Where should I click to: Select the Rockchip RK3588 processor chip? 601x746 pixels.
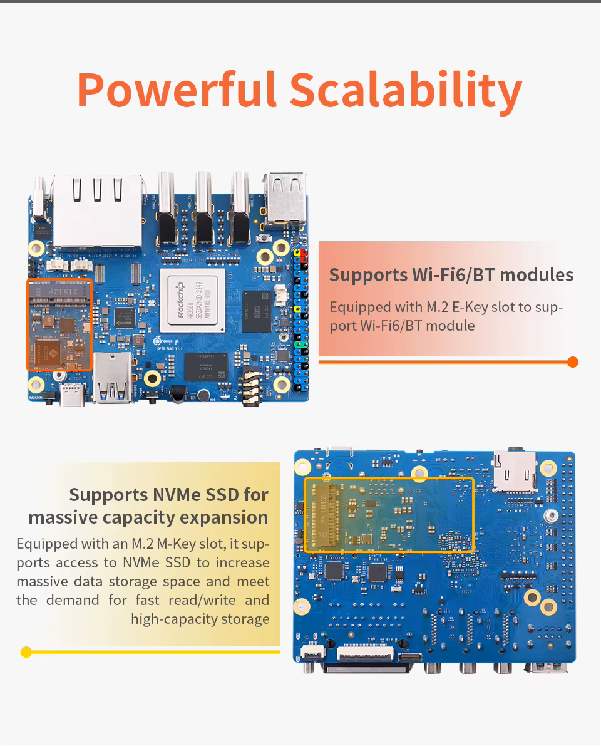click(192, 301)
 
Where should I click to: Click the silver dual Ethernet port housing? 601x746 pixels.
click(98, 210)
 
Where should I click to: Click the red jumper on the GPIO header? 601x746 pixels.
click(304, 256)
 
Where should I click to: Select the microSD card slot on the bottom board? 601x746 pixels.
click(515, 470)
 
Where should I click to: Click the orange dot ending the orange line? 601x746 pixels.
click(572, 362)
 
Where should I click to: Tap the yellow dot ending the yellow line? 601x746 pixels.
click(26, 652)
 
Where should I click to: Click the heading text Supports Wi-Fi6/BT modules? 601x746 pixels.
click(451, 275)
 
